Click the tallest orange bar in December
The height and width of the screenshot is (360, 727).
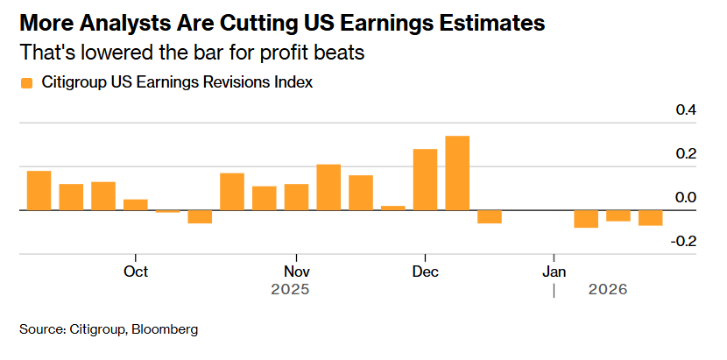pyautogui.click(x=457, y=173)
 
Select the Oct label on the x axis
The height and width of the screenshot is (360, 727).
pyautogui.click(x=136, y=271)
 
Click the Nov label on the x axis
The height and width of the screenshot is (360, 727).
pyautogui.click(x=297, y=271)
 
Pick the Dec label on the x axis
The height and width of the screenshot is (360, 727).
pyautogui.click(x=425, y=271)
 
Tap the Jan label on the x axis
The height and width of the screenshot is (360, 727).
pyautogui.click(x=554, y=271)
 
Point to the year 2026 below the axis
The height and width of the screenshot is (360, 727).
pyautogui.click(x=608, y=288)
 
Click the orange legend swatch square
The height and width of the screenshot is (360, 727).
pyautogui.click(x=26, y=83)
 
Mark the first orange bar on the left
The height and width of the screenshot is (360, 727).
pyautogui.click(x=39, y=191)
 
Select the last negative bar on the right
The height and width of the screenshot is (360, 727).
pyautogui.click(x=650, y=218)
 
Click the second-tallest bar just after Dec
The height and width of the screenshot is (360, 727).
pyautogui.click(x=425, y=180)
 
